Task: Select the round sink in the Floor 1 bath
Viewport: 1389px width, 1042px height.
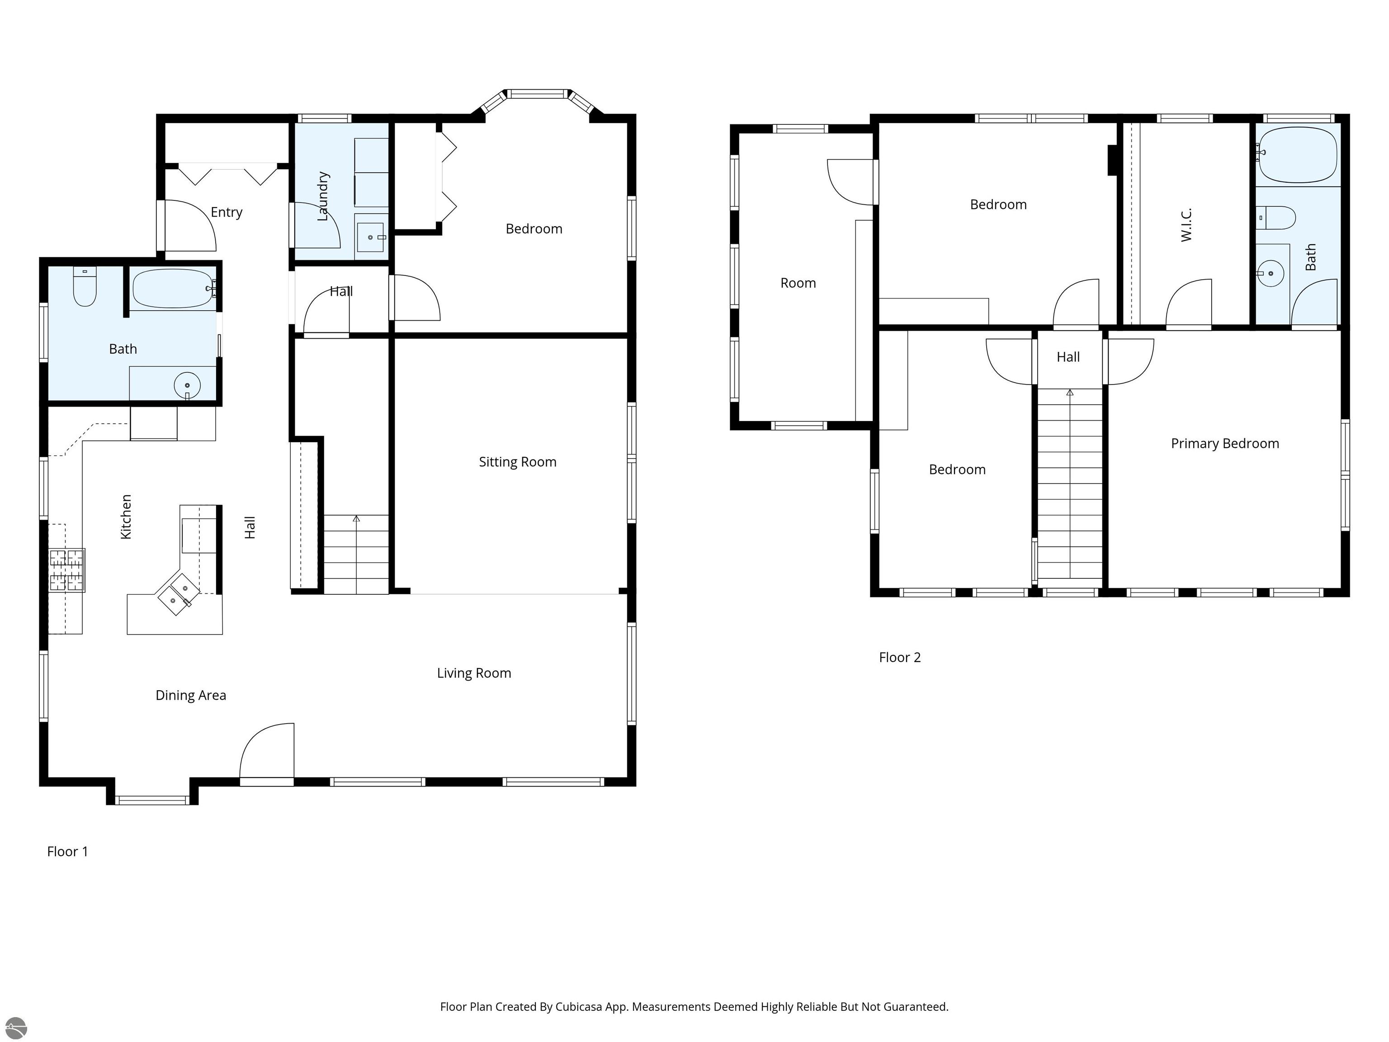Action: pos(187,385)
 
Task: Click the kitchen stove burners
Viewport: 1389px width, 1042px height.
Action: pos(66,570)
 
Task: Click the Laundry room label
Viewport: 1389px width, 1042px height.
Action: pos(323,196)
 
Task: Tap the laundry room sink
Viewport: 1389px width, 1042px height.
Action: pos(370,237)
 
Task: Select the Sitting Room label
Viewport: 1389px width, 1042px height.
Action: pos(517,462)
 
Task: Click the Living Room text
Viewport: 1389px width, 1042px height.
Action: pos(474,673)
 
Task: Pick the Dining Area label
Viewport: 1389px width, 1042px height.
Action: pos(191,695)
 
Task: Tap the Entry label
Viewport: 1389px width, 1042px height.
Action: pos(227,212)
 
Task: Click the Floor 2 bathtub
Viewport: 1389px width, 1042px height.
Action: pos(1297,155)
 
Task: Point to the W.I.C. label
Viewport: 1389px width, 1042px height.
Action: pos(1186,225)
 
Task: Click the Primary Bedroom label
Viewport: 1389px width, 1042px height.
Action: pos(1225,443)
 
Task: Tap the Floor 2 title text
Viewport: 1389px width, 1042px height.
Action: pos(900,658)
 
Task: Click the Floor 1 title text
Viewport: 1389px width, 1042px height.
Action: pos(68,852)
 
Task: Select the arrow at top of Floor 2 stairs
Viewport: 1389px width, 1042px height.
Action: pos(1070,393)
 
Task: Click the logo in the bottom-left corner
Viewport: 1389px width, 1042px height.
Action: pos(16,1028)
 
